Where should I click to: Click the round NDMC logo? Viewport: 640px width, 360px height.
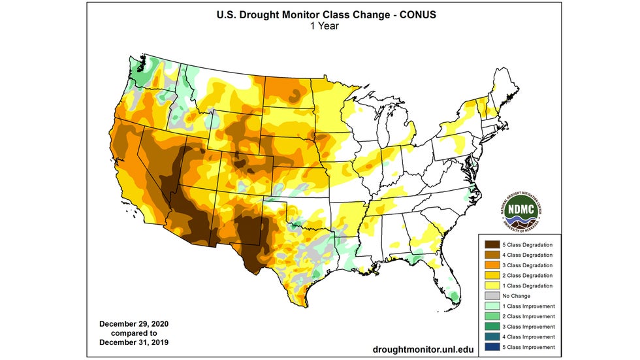tap(524, 211)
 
